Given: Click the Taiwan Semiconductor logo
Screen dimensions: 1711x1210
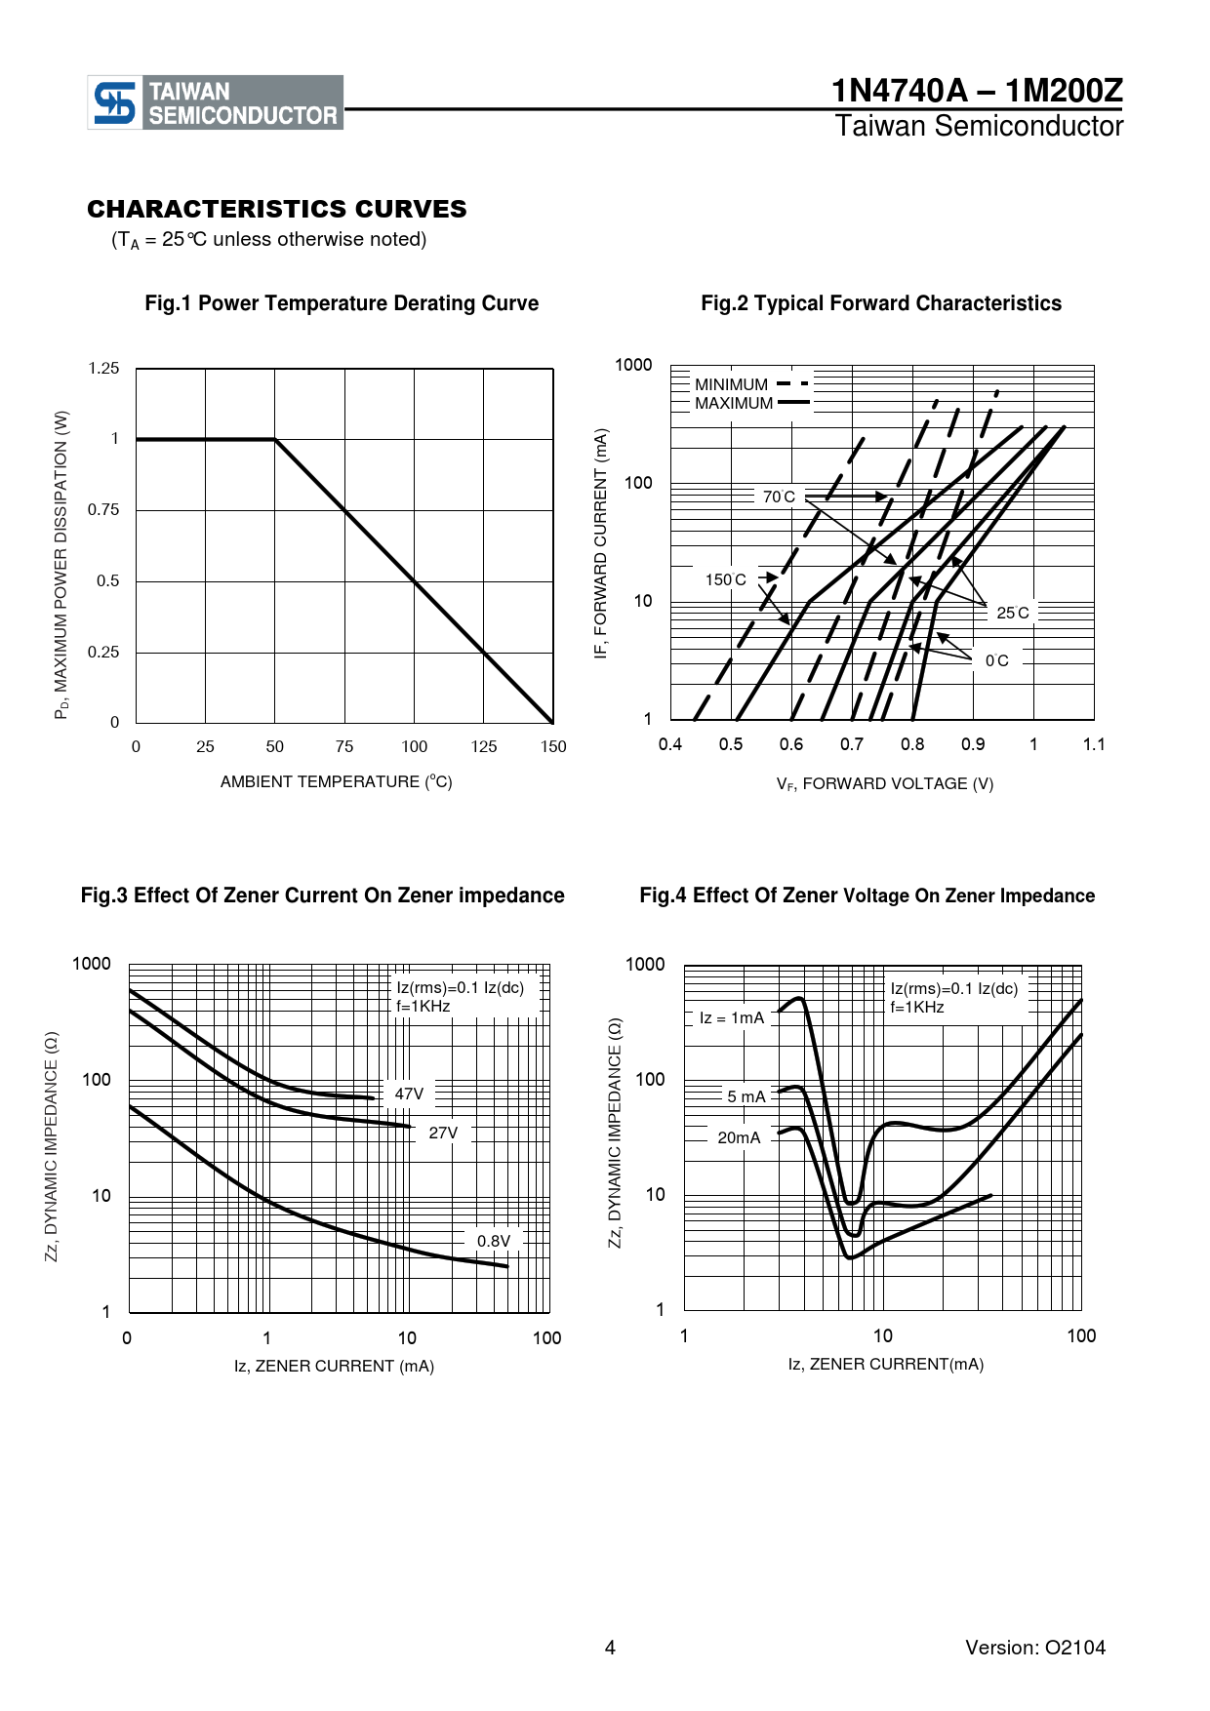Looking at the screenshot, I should pyautogui.click(x=216, y=102).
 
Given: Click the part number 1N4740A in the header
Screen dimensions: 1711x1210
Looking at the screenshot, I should pyautogui.click(x=899, y=91).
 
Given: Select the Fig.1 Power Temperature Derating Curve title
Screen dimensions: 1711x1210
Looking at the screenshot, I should pyautogui.click(x=342, y=303).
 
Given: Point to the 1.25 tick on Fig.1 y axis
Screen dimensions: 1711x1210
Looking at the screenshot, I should pyautogui.click(x=103, y=369).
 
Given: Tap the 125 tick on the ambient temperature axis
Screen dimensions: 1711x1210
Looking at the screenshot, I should pyautogui.click(x=484, y=747).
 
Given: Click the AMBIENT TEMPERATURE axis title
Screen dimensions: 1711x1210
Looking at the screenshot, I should pyautogui.click(x=336, y=781).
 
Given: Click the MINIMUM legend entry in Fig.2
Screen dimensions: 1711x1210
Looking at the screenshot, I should pyautogui.click(x=732, y=384).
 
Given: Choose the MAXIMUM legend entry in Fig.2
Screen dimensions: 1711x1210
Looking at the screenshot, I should pyautogui.click(x=734, y=403).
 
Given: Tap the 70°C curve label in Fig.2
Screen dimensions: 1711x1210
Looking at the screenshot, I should pyautogui.click(x=779, y=497).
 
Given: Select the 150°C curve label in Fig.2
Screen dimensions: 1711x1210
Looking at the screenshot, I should pyautogui.click(x=725, y=580).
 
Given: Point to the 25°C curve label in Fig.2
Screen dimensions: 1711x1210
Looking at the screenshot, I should pyautogui.click(x=1012, y=613).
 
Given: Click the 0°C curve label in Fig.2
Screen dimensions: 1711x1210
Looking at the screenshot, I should pyautogui.click(x=996, y=660).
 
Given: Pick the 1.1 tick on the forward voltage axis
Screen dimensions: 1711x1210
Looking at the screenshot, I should pyautogui.click(x=1094, y=744).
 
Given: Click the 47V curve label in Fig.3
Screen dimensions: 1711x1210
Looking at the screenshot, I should pyautogui.click(x=409, y=1094).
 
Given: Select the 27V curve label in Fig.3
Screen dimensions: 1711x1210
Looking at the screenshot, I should pyautogui.click(x=443, y=1133).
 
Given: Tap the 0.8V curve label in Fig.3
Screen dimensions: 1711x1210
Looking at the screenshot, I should pyautogui.click(x=494, y=1241).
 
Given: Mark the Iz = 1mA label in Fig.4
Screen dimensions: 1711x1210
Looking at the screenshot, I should pyautogui.click(x=732, y=1017).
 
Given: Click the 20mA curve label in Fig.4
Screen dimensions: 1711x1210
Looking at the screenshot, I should pyautogui.click(x=739, y=1137).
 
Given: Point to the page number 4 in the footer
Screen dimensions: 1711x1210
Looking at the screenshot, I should pyautogui.click(x=610, y=1648).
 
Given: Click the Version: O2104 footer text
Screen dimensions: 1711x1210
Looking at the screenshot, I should pyautogui.click(x=1035, y=1648).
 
